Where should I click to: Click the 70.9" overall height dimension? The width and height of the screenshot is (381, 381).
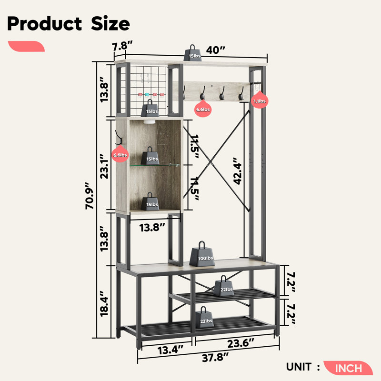pos(89,195)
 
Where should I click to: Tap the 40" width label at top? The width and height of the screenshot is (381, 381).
pos(216,50)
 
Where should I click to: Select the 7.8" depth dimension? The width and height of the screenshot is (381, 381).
pos(122,46)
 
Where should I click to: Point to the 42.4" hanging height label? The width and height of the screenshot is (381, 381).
pos(237,171)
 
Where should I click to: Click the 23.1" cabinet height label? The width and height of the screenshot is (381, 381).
pos(104,166)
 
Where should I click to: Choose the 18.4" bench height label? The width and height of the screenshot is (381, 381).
pos(104,303)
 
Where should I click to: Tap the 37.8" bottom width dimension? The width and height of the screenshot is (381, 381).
pos(215,357)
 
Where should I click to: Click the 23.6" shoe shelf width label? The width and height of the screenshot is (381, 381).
pos(241,343)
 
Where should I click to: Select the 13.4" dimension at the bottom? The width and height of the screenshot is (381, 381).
pos(170,351)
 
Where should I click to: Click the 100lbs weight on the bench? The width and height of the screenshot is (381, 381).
pos(202,254)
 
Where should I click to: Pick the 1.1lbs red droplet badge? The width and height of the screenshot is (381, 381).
pos(260,100)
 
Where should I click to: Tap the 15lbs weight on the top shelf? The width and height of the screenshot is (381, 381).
pos(192,53)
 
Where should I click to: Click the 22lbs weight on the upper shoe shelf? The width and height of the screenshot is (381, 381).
pos(224,286)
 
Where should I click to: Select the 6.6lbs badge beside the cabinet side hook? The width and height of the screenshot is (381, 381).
pos(120,153)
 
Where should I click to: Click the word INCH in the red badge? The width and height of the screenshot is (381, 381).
pos(349,368)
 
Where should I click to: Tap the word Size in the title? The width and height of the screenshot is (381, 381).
pos(110,24)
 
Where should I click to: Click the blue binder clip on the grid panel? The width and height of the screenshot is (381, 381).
pos(147,95)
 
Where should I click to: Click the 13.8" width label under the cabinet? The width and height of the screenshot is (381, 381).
pos(152,228)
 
